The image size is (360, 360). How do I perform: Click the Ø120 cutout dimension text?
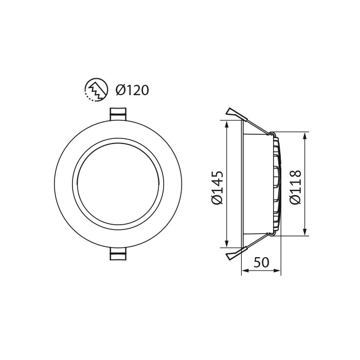pyautogui.click(x=132, y=91)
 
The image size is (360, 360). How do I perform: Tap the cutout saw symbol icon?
pyautogui.click(x=96, y=91)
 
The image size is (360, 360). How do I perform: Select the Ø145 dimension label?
pyautogui.click(x=218, y=188)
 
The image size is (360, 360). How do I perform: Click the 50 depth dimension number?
pyautogui.click(x=261, y=262)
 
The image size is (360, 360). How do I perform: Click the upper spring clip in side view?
pyautogui.click(x=236, y=114)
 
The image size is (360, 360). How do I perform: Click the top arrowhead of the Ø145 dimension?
pyautogui.click(x=226, y=123)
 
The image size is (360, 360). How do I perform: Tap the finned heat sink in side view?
pyautogui.click(x=277, y=184)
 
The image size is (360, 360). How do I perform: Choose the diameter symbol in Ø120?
pyautogui.click(x=120, y=91)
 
